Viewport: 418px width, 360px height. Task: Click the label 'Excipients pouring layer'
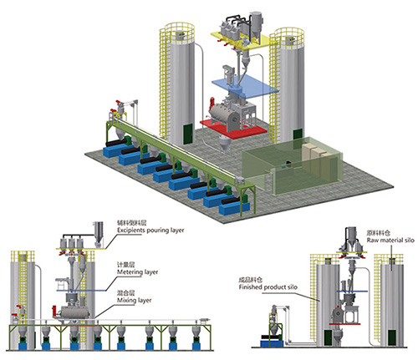pyautogui.click(x=150, y=231)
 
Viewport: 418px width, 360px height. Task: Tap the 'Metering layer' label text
pyautogui.click(x=137, y=272)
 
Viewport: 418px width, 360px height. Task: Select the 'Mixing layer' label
pyautogui.click(x=135, y=300)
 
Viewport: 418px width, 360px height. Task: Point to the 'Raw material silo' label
pyautogui.click(x=390, y=240)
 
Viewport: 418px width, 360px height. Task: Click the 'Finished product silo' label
pyautogui.click(x=268, y=287)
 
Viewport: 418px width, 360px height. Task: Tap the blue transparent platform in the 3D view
pyautogui.click(x=245, y=87)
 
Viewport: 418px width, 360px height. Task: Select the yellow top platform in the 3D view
pyautogui.click(x=242, y=40)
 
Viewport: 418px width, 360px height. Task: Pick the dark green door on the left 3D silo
pyautogui.click(x=188, y=134)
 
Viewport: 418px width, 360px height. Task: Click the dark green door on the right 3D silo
pyautogui.click(x=298, y=135)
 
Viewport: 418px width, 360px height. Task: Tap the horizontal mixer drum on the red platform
pyautogui.click(x=223, y=115)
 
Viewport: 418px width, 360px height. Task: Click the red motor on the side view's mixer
pyautogui.click(x=54, y=311)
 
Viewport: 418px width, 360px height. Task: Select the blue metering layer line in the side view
pyautogui.click(x=81, y=291)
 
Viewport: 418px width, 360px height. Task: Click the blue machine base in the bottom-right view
pyautogui.click(x=272, y=343)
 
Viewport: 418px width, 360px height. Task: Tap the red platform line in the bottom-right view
pyautogui.click(x=344, y=324)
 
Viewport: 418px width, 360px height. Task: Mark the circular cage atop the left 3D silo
pyautogui.click(x=180, y=31)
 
